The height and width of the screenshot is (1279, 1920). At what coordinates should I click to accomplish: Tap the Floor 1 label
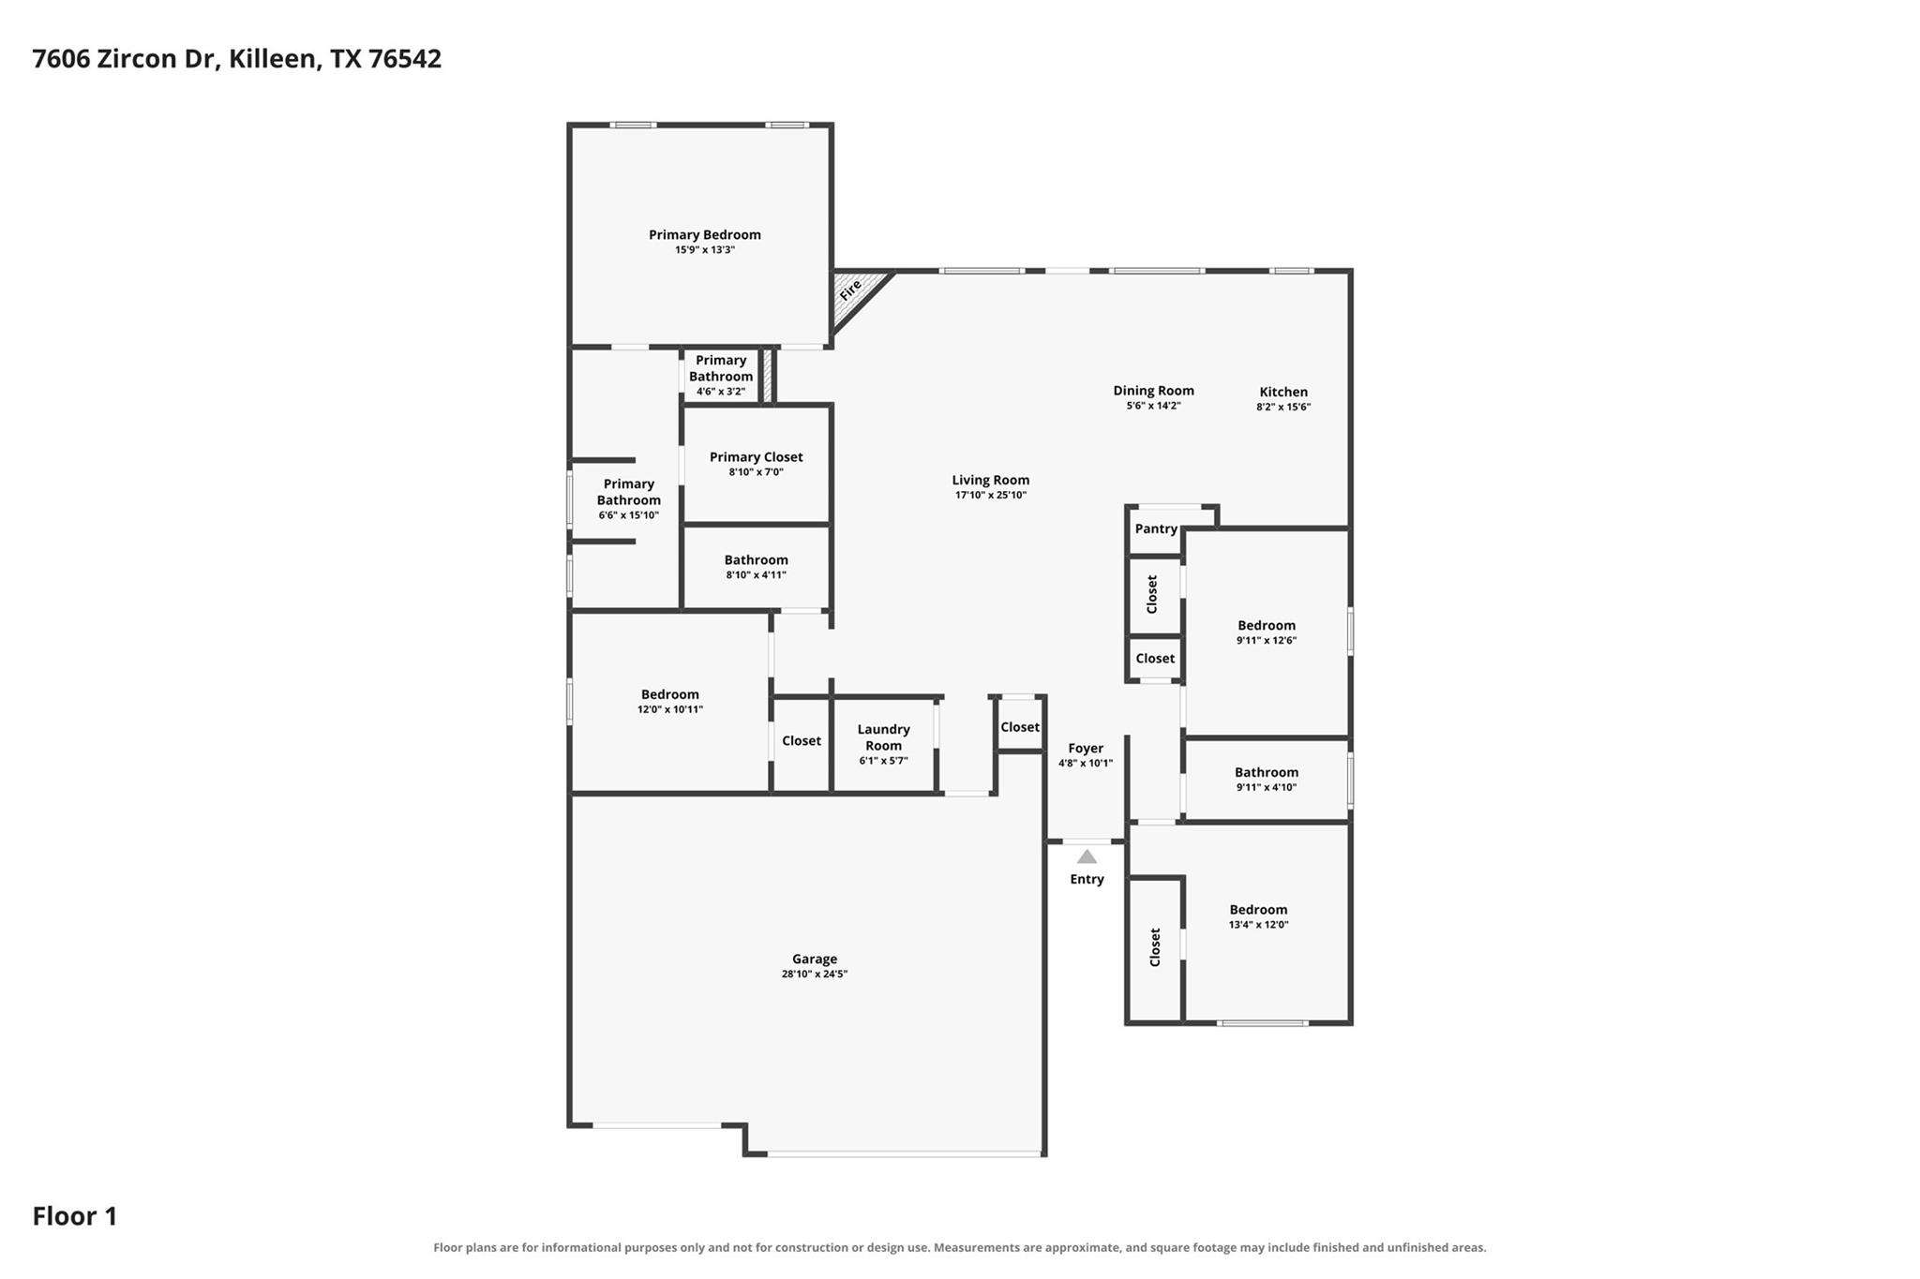pos(75,1216)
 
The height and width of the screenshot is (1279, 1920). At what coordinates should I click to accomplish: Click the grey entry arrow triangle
pos(1087,856)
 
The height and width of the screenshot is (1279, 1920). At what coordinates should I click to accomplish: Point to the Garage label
pos(815,959)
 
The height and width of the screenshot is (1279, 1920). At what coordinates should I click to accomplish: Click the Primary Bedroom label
pos(705,234)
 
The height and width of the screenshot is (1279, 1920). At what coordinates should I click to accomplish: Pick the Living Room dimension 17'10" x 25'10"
pos(991,495)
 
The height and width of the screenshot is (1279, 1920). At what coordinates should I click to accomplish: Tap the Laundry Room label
pos(883,737)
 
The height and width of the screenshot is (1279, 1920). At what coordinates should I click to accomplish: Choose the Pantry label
pos(1156,528)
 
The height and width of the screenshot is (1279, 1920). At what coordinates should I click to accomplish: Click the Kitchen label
pos(1283,392)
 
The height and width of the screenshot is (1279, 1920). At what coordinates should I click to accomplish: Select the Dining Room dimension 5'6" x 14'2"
pos(1153,406)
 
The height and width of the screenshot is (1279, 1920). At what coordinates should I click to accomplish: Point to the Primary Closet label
pos(757,457)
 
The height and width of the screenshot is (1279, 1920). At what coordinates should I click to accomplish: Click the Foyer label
pos(1086,748)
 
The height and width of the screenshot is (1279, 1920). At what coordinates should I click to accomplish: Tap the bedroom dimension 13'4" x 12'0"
pos(1259,924)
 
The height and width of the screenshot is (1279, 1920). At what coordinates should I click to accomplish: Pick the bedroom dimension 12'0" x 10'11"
pos(670,709)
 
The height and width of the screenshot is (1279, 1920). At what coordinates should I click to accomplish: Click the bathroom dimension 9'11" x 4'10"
pos(1267,787)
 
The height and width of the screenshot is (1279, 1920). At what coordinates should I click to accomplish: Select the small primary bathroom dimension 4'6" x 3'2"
pos(721,392)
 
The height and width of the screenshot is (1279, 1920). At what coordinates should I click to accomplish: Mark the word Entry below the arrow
pos(1087,879)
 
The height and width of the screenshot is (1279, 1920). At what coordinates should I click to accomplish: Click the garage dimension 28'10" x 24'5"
pos(815,974)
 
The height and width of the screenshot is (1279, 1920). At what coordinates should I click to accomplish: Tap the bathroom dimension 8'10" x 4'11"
pos(757,574)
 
